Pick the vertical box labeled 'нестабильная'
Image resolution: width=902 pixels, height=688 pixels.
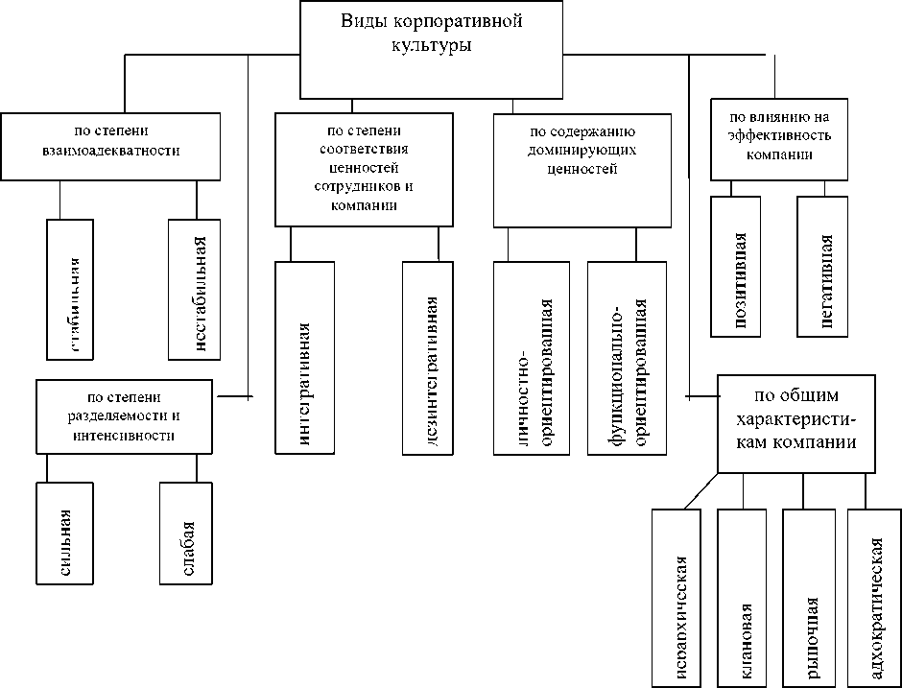[x=196, y=289]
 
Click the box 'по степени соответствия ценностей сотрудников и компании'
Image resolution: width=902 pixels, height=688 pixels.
[x=363, y=169]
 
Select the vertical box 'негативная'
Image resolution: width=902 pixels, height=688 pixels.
[x=822, y=267]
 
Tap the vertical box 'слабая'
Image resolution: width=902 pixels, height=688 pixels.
[x=186, y=532]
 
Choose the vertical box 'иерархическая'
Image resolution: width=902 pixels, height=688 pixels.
[x=679, y=598]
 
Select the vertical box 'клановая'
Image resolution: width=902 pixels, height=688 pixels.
[x=745, y=598]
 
